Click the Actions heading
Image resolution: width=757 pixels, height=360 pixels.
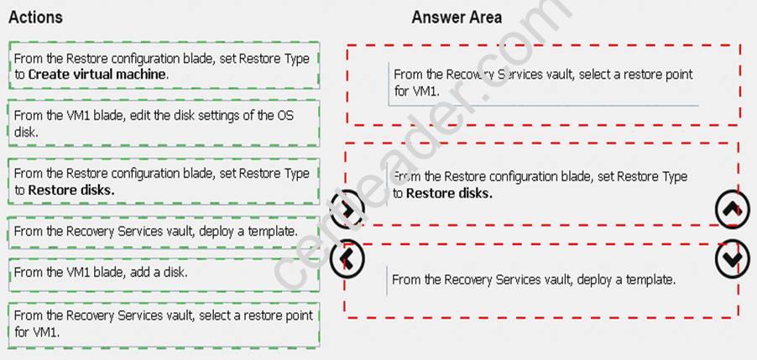[35, 18]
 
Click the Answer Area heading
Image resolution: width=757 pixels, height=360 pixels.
[457, 18]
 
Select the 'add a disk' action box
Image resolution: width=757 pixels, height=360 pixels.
[164, 274]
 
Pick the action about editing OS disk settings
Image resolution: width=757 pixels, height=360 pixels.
[164, 123]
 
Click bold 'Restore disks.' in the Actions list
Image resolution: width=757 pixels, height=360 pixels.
[71, 190]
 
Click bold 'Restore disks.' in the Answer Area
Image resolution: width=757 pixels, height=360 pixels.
[449, 194]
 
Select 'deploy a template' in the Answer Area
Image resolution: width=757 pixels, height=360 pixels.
[533, 279]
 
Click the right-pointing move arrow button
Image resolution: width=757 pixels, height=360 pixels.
[347, 208]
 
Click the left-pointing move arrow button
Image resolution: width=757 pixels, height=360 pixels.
[347, 259]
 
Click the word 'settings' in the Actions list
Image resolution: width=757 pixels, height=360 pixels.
[208, 116]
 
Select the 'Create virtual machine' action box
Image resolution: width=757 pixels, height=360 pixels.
[164, 65]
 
